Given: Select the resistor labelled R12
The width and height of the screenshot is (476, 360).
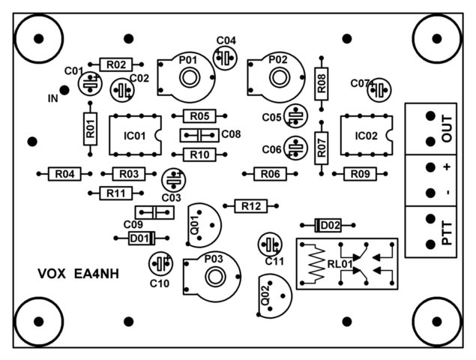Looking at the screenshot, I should click(251, 205).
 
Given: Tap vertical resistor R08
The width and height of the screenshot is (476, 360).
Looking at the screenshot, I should click(322, 83).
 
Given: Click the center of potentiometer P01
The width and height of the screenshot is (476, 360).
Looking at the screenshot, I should click(187, 75).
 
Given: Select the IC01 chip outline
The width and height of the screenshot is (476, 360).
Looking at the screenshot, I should click(136, 136).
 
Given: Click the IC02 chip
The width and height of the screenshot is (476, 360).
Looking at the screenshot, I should click(367, 136).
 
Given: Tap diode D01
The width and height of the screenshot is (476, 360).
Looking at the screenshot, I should click(139, 238).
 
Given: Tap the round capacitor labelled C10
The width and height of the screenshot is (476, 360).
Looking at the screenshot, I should click(160, 263).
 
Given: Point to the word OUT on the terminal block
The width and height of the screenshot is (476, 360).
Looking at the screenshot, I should click(448, 128).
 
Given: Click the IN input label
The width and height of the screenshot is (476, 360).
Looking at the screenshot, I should click(52, 98).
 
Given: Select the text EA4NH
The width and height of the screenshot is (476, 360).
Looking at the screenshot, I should click(97, 274).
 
